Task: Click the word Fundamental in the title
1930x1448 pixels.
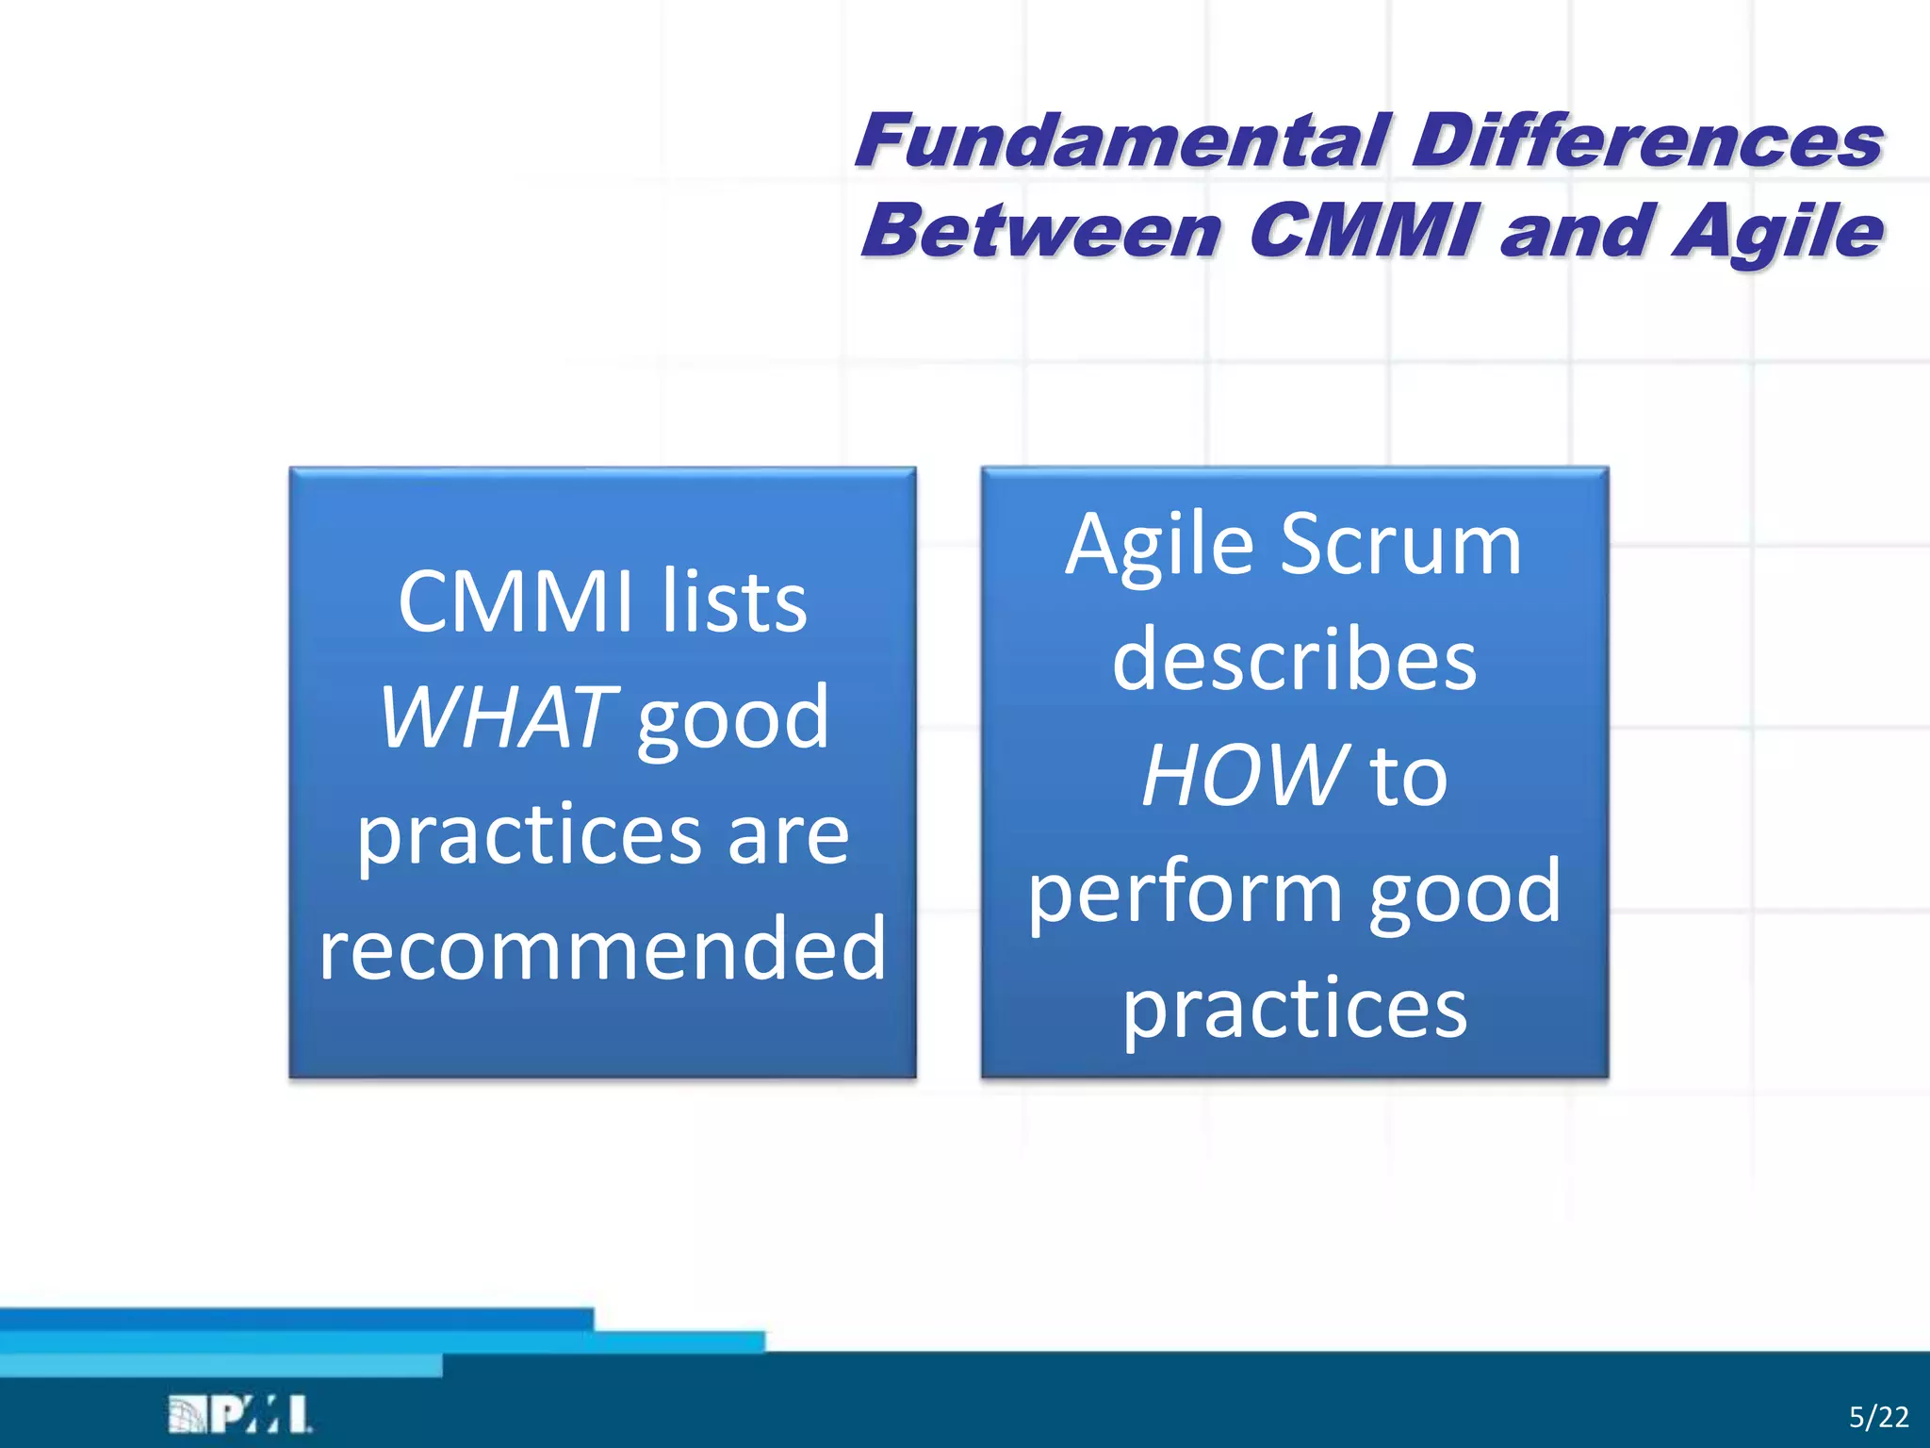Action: (1121, 141)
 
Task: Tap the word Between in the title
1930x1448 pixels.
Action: (1042, 232)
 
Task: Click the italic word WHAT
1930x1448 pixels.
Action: (498, 718)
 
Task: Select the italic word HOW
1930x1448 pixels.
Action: (1243, 776)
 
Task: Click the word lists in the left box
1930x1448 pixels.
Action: (733, 603)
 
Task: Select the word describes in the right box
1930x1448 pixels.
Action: (1294, 661)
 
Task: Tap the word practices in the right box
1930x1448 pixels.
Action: (1294, 1007)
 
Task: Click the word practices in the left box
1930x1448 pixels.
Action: (529, 835)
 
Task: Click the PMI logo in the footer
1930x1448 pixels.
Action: (240, 1415)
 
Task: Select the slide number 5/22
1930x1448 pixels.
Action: (1878, 1417)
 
